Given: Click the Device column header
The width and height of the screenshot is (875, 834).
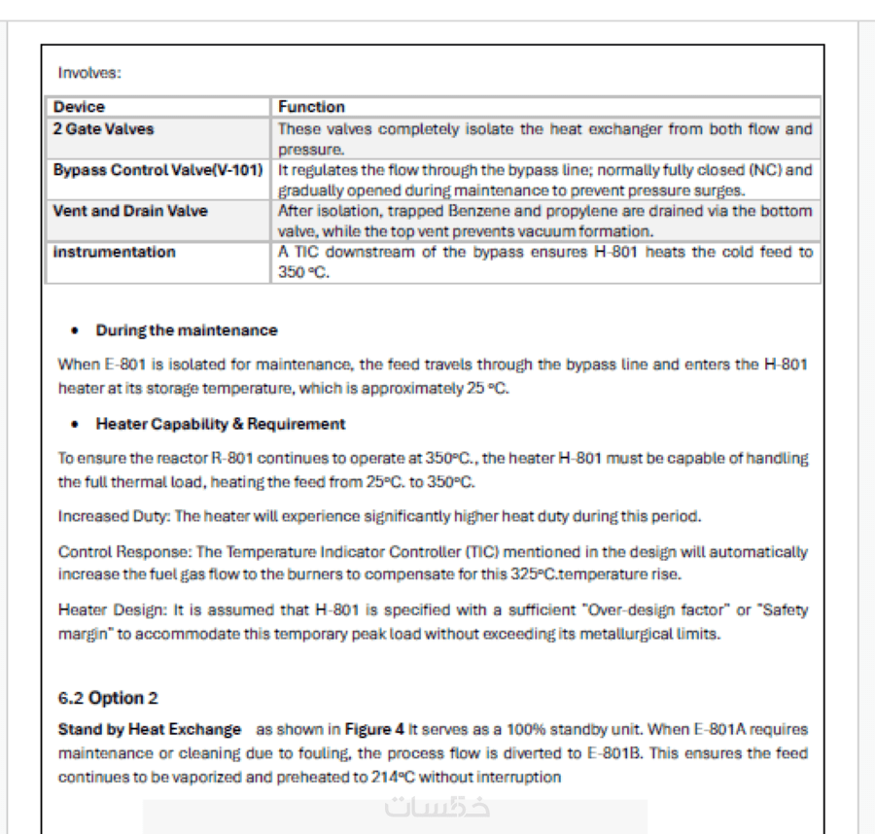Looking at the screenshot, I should click(80, 107).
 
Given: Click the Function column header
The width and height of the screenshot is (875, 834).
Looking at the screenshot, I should click(311, 107).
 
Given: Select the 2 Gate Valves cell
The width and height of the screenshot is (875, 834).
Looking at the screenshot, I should click(104, 128).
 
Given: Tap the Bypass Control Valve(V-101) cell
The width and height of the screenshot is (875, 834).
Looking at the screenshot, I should click(157, 170).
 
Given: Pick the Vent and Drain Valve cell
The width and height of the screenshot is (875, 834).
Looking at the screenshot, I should click(130, 211).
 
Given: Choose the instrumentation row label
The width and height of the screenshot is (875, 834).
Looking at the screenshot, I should click(115, 252).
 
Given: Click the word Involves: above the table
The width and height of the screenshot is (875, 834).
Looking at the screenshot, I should click(89, 73).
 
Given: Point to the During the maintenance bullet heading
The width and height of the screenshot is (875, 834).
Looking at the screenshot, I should click(187, 330).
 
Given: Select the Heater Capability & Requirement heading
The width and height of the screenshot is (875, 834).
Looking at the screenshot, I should click(221, 424).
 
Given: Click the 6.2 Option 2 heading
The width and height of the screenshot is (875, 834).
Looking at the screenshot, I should click(108, 698).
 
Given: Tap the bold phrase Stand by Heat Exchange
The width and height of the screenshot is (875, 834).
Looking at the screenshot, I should click(150, 729).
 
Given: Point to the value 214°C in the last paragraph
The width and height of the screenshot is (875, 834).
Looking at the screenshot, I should click(390, 777).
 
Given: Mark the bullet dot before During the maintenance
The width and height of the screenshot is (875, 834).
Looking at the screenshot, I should click(76, 331).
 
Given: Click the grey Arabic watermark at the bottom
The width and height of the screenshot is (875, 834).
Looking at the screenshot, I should click(437, 807).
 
